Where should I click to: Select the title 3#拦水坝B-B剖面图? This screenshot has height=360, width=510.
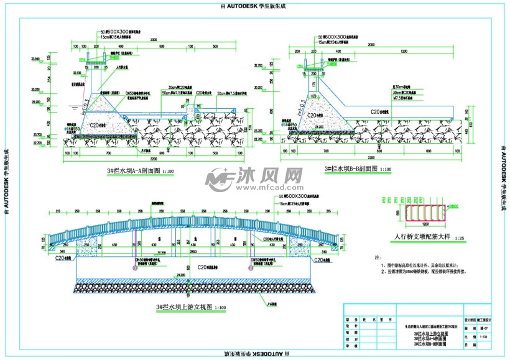tap(351, 168)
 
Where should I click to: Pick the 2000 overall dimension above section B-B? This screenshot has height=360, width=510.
tap(371, 45)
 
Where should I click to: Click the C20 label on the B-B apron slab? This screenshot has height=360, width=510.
tap(375, 111)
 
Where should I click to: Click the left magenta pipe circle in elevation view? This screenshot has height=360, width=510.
tap(135, 269)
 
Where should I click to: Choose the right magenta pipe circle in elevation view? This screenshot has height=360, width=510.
tap(251, 269)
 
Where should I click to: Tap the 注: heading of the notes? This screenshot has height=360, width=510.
tap(377, 256)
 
